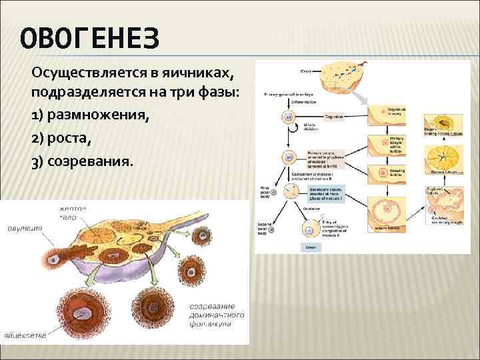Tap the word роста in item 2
[x=72, y=139]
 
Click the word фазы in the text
[x=203, y=94]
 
